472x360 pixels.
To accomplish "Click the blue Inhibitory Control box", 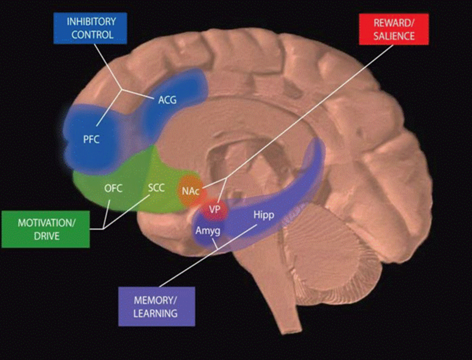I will coord(90,28).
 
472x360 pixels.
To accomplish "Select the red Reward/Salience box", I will coord(393,29).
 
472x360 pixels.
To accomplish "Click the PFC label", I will coord(92,140).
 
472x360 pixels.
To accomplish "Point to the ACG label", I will coord(167,100).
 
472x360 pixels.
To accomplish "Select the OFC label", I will coord(113,190).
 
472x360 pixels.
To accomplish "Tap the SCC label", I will coord(156,190).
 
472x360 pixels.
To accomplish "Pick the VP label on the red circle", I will coord(214,210).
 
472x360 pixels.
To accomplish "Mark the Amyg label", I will coord(207,230).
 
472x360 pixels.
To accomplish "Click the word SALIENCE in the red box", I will coord(393,35).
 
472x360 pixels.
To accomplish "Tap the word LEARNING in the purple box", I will coord(155,313).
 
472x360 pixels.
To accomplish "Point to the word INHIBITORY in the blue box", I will coord(91,22).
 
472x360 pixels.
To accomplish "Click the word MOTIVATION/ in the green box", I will coord(46,223).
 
